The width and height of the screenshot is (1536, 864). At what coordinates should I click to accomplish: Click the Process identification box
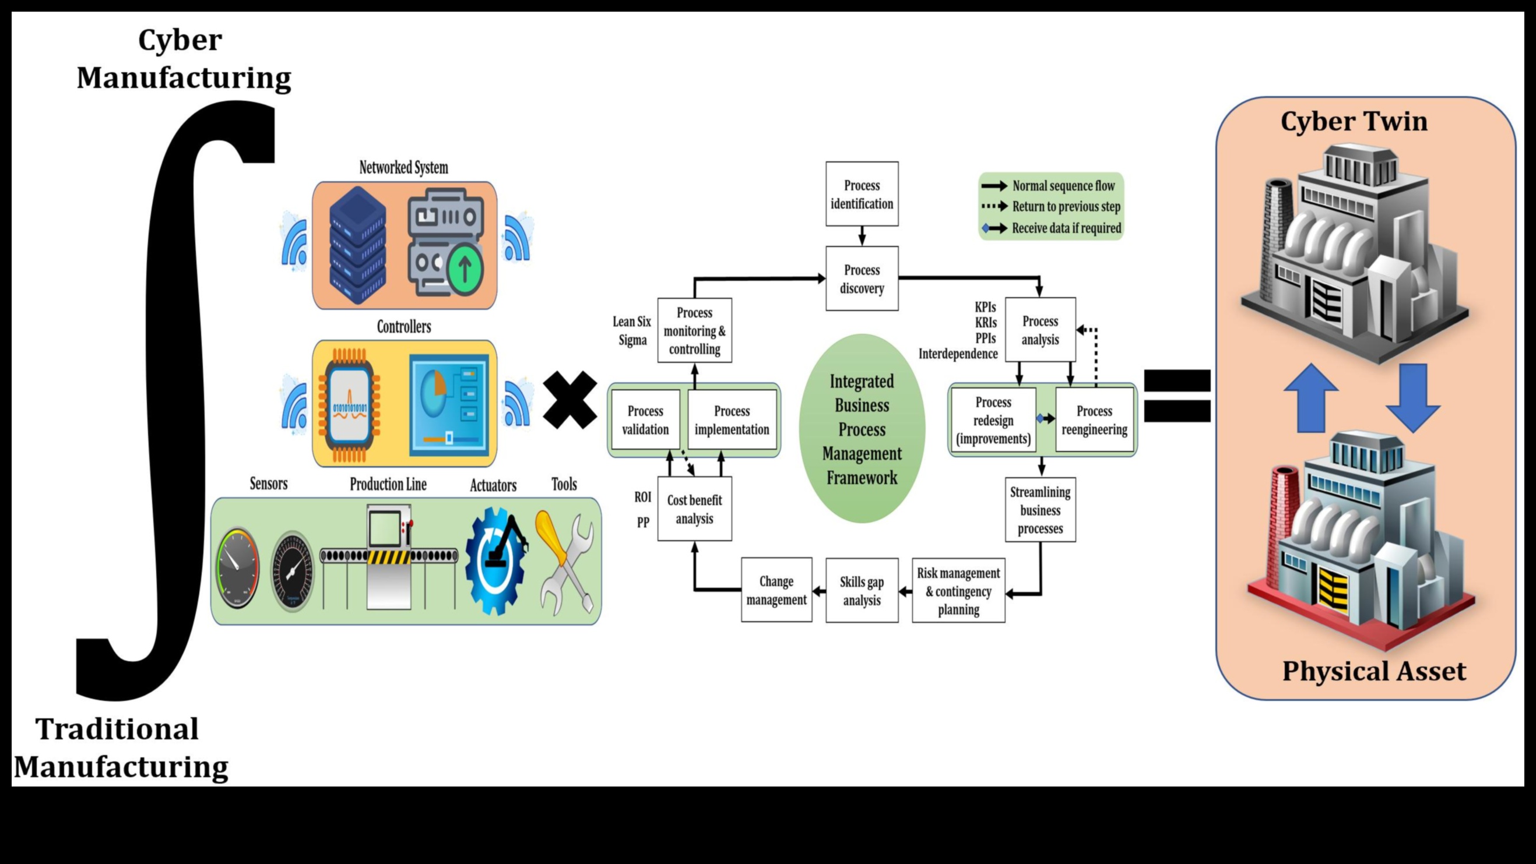862,194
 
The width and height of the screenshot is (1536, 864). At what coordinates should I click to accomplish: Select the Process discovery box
862,279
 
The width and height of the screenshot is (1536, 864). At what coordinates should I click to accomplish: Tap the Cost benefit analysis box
694,509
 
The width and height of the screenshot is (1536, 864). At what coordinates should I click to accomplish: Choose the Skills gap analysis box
862,591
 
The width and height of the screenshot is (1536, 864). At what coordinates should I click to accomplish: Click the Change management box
776,590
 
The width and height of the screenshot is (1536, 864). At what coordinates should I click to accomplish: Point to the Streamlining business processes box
1040,510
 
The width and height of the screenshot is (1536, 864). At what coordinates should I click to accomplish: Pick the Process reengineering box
1094,420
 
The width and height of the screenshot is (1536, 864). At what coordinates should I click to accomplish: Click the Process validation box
645,420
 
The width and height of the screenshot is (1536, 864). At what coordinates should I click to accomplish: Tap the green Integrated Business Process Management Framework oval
862,429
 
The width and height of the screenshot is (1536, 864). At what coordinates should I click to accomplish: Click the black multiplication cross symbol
570,400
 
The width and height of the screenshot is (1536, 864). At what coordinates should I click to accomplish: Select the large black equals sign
1177,396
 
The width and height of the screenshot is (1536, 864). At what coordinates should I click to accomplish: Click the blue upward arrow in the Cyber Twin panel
1310,398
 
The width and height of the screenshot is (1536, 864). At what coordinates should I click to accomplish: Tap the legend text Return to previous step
1066,207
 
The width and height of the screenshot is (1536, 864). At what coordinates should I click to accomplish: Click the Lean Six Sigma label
632,331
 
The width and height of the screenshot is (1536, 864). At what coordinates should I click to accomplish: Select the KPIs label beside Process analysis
985,308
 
